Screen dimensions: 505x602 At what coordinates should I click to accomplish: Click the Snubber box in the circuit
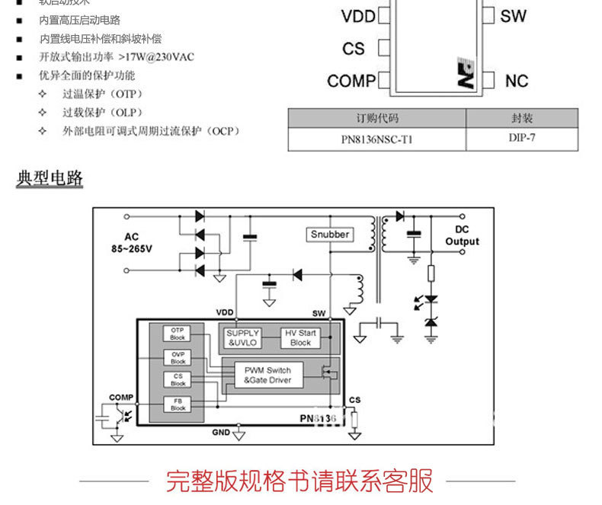pos(330,235)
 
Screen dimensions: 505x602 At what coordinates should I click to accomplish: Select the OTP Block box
pos(178,333)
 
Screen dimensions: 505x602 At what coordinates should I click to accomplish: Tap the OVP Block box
pos(178,357)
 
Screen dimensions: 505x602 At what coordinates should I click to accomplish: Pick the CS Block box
pos(178,379)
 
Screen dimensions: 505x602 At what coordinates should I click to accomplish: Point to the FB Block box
pos(178,404)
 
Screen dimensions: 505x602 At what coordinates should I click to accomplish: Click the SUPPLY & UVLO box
pos(243,337)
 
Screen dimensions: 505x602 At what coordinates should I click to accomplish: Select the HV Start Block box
pos(300,337)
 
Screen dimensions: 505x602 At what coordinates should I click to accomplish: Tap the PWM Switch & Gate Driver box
pos(267,375)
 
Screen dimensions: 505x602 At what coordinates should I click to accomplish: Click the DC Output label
pos(462,235)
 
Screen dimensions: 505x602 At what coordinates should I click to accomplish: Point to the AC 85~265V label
pos(133,243)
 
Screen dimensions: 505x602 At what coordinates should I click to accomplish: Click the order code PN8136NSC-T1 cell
pos(376,139)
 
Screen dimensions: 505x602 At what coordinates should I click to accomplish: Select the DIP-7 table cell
pos(522,139)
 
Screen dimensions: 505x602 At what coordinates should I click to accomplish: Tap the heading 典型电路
pos(50,180)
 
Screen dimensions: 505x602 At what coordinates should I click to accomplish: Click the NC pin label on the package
pos(515,81)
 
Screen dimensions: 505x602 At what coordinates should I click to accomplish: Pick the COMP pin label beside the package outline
pos(351,81)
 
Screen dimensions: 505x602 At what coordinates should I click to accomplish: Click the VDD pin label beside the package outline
pos(358,16)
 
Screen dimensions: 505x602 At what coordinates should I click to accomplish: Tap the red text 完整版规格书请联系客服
pos(299,481)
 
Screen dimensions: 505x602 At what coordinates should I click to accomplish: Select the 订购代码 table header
pos(376,118)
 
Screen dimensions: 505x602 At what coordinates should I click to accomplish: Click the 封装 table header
pos(522,118)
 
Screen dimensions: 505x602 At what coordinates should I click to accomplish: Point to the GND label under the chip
pos(221,433)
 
